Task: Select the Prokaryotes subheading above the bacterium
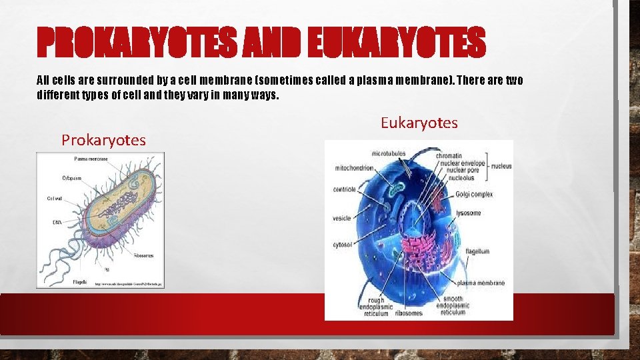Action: [103, 140]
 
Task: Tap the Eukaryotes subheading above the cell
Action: [419, 123]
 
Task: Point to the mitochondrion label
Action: [354, 168]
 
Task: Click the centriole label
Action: [345, 189]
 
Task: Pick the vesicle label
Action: [342, 218]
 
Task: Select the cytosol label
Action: [343, 245]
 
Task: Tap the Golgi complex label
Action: [474, 194]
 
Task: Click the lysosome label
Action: [468, 213]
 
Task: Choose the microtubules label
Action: [388, 153]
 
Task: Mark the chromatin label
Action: [449, 156]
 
